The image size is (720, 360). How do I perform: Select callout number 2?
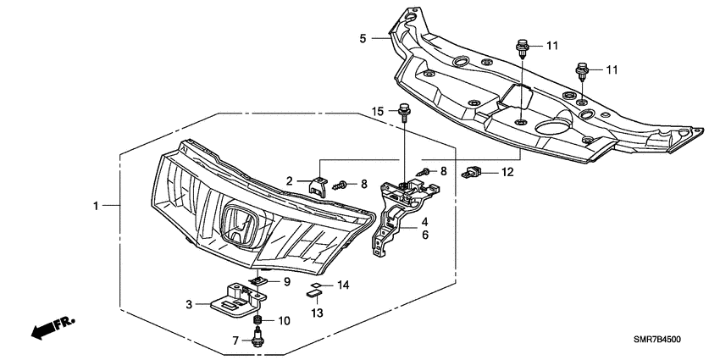pyautogui.click(x=289, y=180)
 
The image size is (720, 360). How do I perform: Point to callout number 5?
pyautogui.click(x=363, y=38)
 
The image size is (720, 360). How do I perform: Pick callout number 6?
pyautogui.click(x=424, y=235)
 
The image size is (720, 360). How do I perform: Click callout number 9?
pyautogui.click(x=287, y=281)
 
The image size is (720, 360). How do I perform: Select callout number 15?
pyautogui.click(x=379, y=112)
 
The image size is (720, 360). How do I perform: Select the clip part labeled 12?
pyautogui.click(x=473, y=174)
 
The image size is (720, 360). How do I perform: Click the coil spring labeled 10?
pyautogui.click(x=259, y=320)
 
